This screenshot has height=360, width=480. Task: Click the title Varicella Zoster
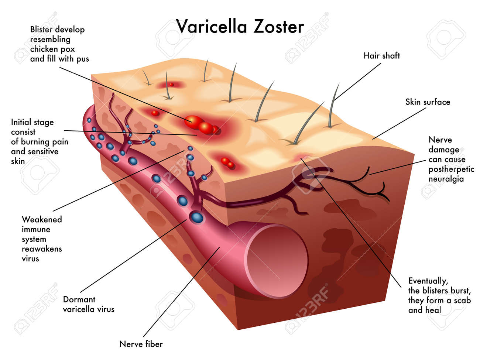[240, 27]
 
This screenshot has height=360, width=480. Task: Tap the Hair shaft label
[381, 55]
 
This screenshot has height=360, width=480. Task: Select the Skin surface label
[428, 102]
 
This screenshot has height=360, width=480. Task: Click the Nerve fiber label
[141, 344]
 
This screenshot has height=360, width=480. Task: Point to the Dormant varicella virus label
[89, 304]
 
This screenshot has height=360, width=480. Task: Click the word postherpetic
[451, 169]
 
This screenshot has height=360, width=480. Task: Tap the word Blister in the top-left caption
[41, 29]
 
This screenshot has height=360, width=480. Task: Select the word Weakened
[42, 219]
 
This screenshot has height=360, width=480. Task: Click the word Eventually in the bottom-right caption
[428, 281]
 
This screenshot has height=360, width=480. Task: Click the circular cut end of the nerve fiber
[276, 261]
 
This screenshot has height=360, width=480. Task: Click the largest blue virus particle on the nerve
[197, 217]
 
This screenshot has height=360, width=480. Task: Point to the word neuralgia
[446, 179]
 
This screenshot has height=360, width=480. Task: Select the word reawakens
[42, 249]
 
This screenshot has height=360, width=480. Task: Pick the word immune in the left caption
[36, 229]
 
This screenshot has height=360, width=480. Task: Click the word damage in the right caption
[444, 150]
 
